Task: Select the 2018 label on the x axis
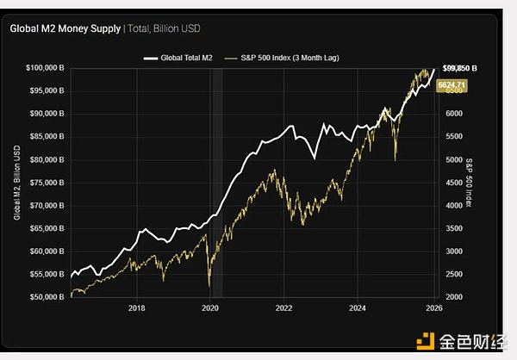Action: pyautogui.click(x=135, y=307)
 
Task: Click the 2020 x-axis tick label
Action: pyautogui.click(x=210, y=307)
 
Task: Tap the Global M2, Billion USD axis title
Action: pyautogui.click(x=17, y=182)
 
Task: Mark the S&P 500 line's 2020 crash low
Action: pyautogui.click(x=209, y=285)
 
